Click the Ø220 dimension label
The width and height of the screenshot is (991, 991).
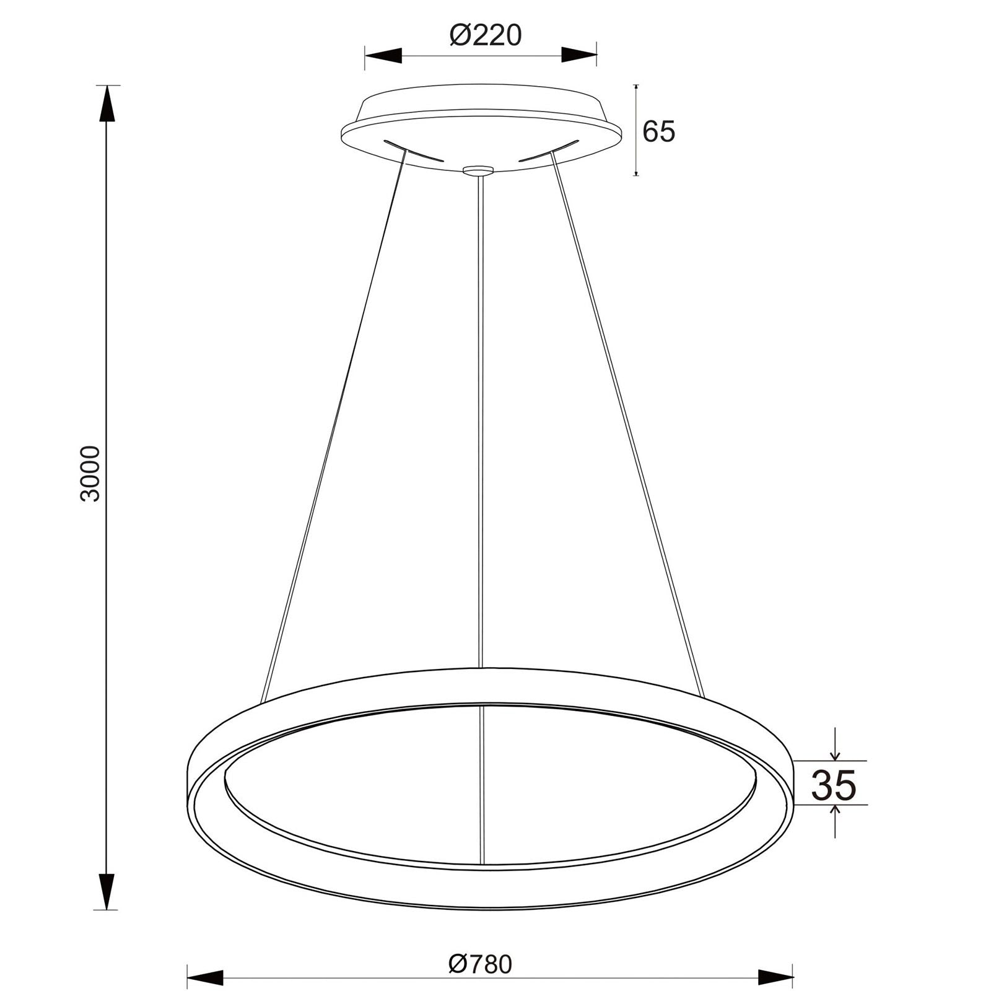click(486, 35)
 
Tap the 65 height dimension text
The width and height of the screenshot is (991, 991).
click(658, 131)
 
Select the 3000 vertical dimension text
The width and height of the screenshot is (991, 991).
click(91, 473)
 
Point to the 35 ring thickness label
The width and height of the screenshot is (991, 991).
click(833, 785)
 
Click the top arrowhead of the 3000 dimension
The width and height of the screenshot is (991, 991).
click(108, 104)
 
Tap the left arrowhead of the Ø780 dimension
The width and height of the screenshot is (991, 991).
click(205, 959)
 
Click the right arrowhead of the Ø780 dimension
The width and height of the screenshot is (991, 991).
click(775, 959)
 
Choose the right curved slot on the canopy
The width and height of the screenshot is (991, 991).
click(549, 151)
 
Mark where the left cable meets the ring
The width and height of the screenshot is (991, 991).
click(263, 702)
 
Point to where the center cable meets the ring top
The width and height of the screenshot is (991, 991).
click(481, 668)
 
